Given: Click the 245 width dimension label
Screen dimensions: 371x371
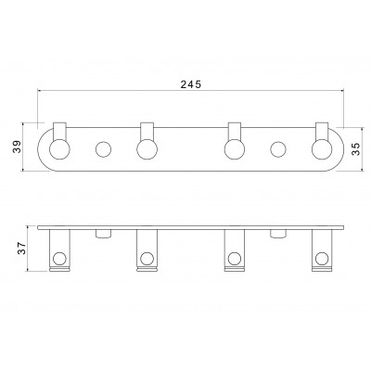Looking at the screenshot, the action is point(191,84).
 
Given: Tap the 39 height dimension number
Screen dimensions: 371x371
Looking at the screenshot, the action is point(18,147).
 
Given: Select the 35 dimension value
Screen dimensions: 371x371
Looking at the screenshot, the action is point(356,149).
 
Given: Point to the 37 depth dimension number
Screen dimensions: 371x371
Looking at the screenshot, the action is point(21,249).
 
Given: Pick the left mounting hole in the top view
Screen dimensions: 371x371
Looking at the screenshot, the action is point(103,149).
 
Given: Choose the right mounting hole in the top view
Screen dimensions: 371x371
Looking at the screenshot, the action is point(278,149).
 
